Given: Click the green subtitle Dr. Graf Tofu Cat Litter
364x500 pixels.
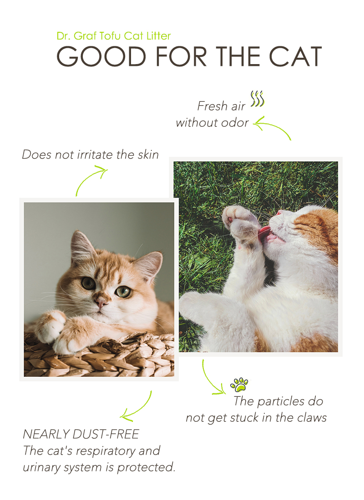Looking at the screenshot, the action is point(114,36).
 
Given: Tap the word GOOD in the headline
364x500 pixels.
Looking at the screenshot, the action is point(101,56).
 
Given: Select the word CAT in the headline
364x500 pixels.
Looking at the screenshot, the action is point(295,56).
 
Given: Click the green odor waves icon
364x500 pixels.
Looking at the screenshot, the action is point(258,99).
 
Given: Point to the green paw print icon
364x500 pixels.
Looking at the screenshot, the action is point(239,384).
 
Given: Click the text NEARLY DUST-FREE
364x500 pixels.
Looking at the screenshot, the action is point(81,434).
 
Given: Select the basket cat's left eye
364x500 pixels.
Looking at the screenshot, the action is point(88,283).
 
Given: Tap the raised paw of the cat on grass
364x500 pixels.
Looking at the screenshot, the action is point(239,220).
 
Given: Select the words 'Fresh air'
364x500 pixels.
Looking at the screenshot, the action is point(221,106).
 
